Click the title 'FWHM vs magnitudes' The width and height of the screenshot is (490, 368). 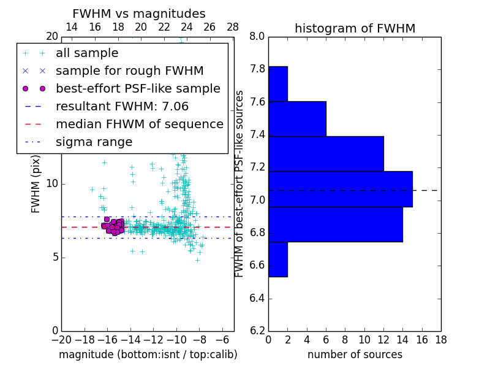138,13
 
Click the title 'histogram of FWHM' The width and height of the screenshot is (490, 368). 355,28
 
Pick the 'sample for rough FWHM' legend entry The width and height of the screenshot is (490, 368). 129,71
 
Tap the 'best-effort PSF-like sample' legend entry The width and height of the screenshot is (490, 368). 138,89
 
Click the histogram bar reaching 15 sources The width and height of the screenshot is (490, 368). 341,189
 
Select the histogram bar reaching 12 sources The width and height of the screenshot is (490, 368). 326,153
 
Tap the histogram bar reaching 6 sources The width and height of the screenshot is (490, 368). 297,118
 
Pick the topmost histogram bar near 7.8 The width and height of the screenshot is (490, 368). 278,83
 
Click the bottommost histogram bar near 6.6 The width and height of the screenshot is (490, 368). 278,259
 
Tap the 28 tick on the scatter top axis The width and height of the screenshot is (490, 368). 233,27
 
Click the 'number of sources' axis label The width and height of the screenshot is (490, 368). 355,355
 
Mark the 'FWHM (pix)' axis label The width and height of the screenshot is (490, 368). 36,185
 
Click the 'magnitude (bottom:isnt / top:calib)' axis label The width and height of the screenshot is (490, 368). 148,355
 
